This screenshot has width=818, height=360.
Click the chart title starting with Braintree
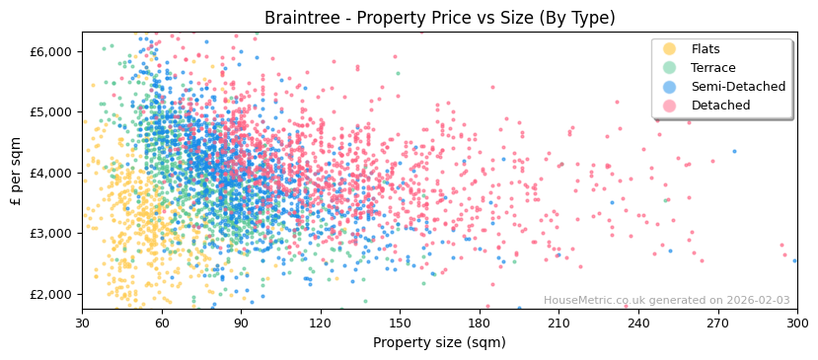(x=439, y=18)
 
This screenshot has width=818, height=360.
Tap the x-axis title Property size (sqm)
(x=439, y=342)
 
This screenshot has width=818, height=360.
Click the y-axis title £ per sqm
(x=16, y=172)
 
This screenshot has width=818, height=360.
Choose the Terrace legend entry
(x=712, y=68)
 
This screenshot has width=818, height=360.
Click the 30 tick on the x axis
(x=83, y=323)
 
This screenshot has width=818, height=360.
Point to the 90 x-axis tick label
(x=241, y=323)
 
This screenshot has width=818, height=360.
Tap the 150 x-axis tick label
(x=400, y=323)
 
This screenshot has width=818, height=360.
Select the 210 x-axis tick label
(x=558, y=323)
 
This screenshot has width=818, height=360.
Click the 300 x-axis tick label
(x=796, y=323)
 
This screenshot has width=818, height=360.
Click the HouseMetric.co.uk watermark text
(x=666, y=301)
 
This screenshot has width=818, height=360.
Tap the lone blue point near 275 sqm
(x=734, y=151)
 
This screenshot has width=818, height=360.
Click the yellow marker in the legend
(x=670, y=49)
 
